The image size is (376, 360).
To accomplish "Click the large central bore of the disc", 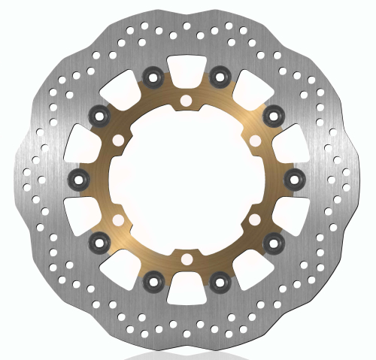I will [x=185, y=179].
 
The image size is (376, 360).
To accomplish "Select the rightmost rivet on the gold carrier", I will [x=295, y=178].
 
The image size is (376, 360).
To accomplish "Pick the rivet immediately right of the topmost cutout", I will [x=220, y=75].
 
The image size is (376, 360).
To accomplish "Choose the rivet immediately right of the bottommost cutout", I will [x=220, y=282].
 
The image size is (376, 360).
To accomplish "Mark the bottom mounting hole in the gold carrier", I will [x=185, y=259].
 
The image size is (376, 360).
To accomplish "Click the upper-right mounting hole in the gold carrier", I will [x=254, y=140].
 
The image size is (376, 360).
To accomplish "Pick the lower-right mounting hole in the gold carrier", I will [x=254, y=219].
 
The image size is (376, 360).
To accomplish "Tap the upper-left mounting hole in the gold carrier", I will [x=117, y=140].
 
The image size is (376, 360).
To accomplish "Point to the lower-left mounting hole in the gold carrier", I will [x=117, y=219].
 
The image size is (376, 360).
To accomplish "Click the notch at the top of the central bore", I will [x=185, y=113].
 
